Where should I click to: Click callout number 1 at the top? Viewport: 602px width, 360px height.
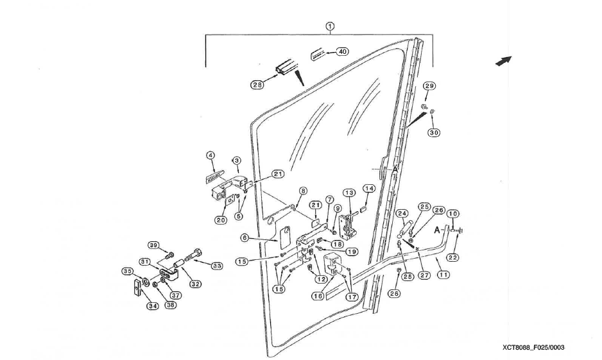click(330, 26)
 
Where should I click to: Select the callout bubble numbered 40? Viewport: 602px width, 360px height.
click(342, 51)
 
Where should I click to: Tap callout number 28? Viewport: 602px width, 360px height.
click(257, 85)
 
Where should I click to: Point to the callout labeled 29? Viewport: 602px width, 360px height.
click(429, 86)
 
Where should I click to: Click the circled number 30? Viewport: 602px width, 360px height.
click(434, 132)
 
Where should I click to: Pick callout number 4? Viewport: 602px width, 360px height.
click(210, 155)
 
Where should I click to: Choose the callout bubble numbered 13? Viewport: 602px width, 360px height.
click(348, 193)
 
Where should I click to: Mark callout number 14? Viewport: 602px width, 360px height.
click(369, 189)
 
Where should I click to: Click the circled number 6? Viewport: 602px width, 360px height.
click(245, 237)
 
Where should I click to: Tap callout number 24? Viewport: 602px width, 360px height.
click(402, 213)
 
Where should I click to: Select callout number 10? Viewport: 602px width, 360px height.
click(452, 214)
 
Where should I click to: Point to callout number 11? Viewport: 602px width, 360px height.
click(443, 274)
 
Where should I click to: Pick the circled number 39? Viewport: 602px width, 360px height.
click(153, 246)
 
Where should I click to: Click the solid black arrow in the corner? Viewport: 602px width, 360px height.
click(504, 60)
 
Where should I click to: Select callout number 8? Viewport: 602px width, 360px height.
click(303, 191)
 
